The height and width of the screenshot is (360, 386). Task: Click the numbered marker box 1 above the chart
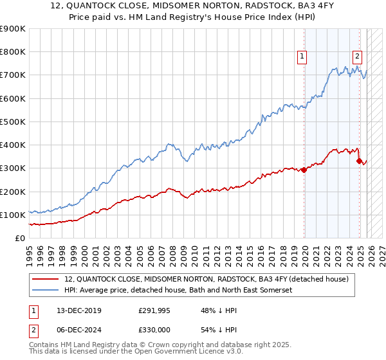(x=303, y=57)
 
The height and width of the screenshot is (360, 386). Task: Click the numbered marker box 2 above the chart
(x=357, y=56)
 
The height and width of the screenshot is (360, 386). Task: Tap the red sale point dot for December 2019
(x=304, y=170)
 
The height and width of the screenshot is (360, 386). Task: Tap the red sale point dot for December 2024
(x=359, y=161)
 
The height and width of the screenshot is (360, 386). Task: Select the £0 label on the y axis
(x=19, y=238)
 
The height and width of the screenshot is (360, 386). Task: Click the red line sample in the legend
(x=46, y=279)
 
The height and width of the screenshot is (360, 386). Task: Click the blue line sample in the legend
(x=46, y=291)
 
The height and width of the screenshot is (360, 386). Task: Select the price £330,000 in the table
(x=154, y=329)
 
